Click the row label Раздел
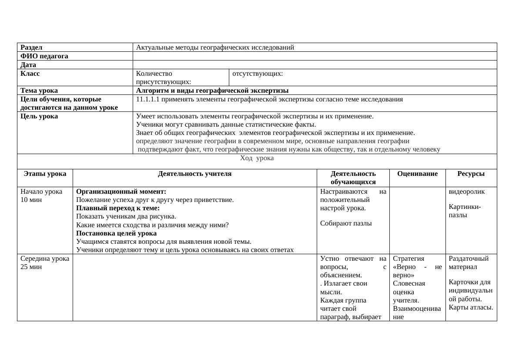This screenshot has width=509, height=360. pos(31,47)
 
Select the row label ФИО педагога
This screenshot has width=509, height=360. pos(44,56)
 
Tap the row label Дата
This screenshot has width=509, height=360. pos(28,65)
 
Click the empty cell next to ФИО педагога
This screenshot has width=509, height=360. pos(315,56)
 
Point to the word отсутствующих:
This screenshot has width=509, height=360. pos(258,74)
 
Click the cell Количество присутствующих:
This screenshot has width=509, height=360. pos(164,77)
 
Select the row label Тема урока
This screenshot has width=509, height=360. pos(39,91)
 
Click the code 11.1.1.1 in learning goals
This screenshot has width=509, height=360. pos(147,99)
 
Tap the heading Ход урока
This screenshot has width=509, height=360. pos(257,158)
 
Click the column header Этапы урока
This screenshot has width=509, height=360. pos(45,174)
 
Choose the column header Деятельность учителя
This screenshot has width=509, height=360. pos(194,174)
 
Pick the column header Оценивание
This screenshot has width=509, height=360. pos(417,174)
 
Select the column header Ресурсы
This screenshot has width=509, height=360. pos(471,174)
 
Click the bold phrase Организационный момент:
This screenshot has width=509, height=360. pos(121,192)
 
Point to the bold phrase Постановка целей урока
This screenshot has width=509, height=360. pos(116,233)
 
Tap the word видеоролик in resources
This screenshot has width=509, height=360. pos(466,192)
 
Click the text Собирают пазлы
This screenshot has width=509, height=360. pos(346,223)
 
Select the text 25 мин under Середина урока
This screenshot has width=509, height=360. pos(31,267)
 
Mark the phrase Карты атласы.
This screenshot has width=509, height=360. pos(471,307)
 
